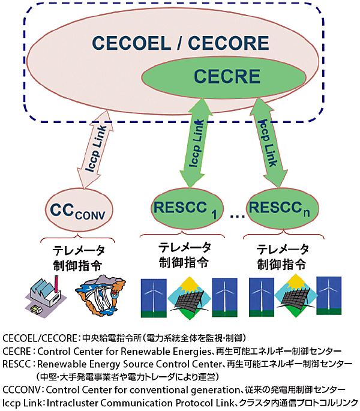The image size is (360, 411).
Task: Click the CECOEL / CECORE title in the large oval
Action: (x=180, y=43)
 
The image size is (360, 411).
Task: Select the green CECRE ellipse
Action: (x=227, y=77)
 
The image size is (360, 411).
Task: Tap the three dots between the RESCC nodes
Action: (x=235, y=214)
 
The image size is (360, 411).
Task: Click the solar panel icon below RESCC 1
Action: (x=189, y=297)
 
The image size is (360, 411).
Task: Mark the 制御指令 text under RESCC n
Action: (x=282, y=264)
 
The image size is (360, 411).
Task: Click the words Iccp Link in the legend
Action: (x=20, y=401)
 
